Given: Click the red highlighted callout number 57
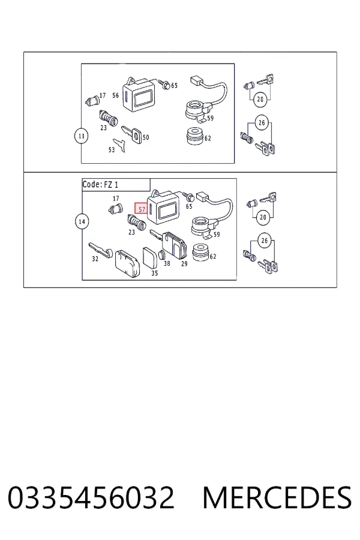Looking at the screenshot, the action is tap(141, 208).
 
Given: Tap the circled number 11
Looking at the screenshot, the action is tap(82, 136).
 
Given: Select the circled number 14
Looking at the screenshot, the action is tap(82, 221).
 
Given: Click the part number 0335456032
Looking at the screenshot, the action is tap(91, 497).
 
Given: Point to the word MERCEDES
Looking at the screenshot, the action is tap(277, 497).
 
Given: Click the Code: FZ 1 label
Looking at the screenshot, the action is tap(100, 184).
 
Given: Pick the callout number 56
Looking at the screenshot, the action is tap(115, 95).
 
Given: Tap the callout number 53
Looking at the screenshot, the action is tap(111, 150).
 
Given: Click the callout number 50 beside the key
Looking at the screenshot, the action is tap(146, 137).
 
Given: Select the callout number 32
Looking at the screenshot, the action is tap(95, 259).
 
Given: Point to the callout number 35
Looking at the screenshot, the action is tap(155, 273).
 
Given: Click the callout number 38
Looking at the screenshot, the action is tap(167, 263).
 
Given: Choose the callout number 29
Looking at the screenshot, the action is tap(184, 264).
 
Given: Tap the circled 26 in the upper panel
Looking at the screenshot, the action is tap(262, 122).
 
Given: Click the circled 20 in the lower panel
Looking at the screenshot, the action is tap(263, 217).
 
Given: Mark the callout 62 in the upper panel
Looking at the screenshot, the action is tap(208, 139).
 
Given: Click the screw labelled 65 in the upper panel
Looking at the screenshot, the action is tap(164, 83).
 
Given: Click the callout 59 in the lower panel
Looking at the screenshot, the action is tap(217, 235).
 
